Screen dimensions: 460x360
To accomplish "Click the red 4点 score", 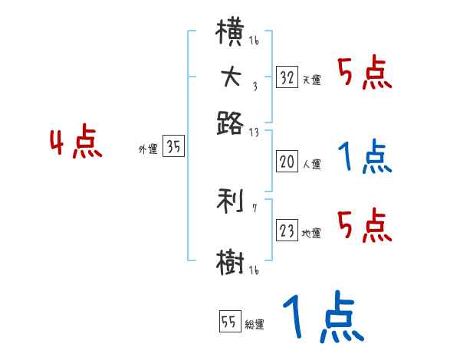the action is (76, 144).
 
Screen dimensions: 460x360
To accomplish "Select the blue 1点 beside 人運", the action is (365, 159).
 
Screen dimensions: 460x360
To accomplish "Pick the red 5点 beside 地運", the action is (365, 227).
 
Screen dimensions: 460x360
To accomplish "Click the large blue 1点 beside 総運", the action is (323, 318).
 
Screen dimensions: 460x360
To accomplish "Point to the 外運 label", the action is (148, 150).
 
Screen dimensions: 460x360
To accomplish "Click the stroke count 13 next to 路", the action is (254, 132).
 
